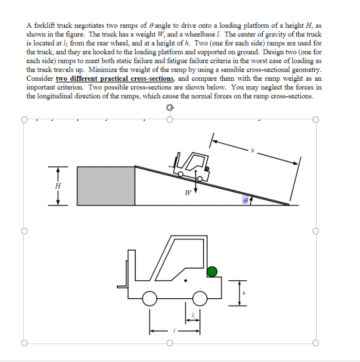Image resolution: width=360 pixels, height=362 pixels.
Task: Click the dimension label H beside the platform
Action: pos(58,185)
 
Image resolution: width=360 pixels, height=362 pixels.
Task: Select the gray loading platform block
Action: pos(106,185)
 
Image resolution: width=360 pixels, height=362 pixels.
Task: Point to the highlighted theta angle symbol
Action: pos(245,199)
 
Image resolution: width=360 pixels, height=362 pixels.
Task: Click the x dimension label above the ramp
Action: pos(252,151)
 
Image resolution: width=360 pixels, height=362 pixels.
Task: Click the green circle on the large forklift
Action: pos(212,271)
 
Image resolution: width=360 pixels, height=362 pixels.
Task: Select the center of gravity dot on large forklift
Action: pos(185,281)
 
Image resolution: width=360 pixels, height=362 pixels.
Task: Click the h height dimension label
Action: pos(244,293)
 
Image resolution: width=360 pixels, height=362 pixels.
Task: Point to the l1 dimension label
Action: pos(193,315)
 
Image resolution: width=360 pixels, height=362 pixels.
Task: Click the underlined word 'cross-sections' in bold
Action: pos(150,78)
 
